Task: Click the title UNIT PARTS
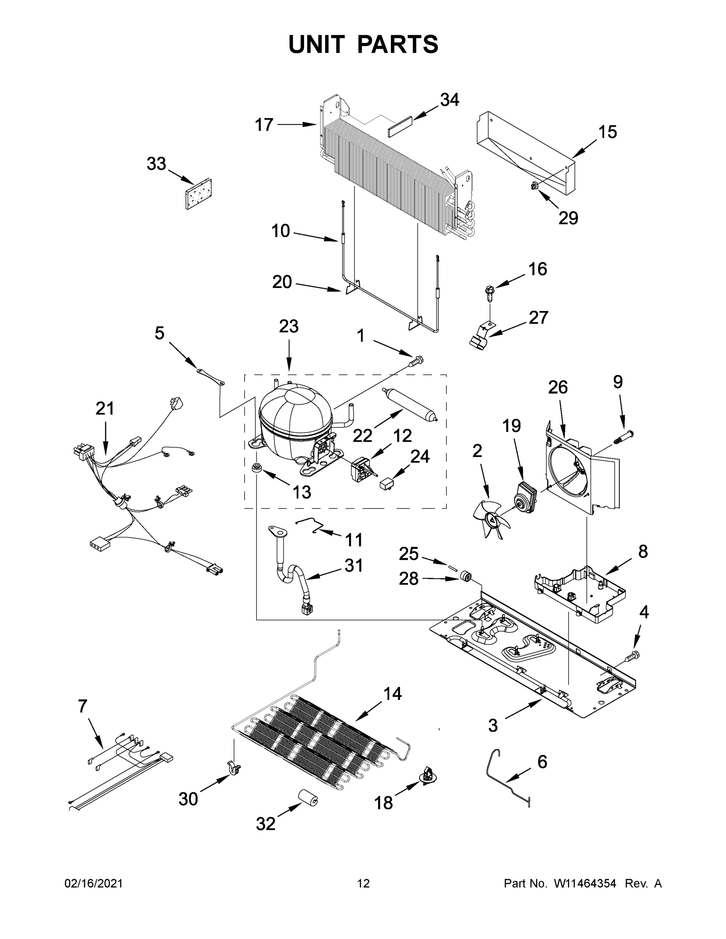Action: point(363,44)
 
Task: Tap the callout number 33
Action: point(156,164)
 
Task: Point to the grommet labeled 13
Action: point(257,468)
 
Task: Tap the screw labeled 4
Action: point(632,656)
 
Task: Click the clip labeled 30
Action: point(234,768)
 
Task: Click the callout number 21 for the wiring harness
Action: point(104,408)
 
